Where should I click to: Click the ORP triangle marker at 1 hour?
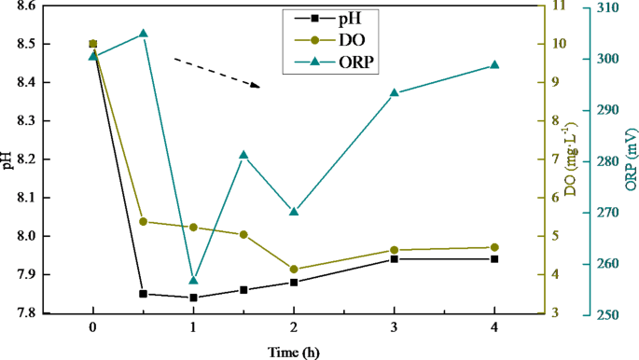(193, 280)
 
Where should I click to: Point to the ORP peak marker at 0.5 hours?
(143, 34)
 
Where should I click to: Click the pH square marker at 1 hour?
(193, 298)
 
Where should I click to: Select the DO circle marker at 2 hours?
(294, 270)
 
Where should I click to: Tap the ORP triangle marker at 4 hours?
(494, 65)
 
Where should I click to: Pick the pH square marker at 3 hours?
(394, 258)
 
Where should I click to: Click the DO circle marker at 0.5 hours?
(143, 221)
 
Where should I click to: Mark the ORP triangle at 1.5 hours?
(243, 155)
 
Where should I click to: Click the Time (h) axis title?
(294, 352)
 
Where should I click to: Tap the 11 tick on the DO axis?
(556, 7)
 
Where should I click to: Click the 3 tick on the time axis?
(394, 328)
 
